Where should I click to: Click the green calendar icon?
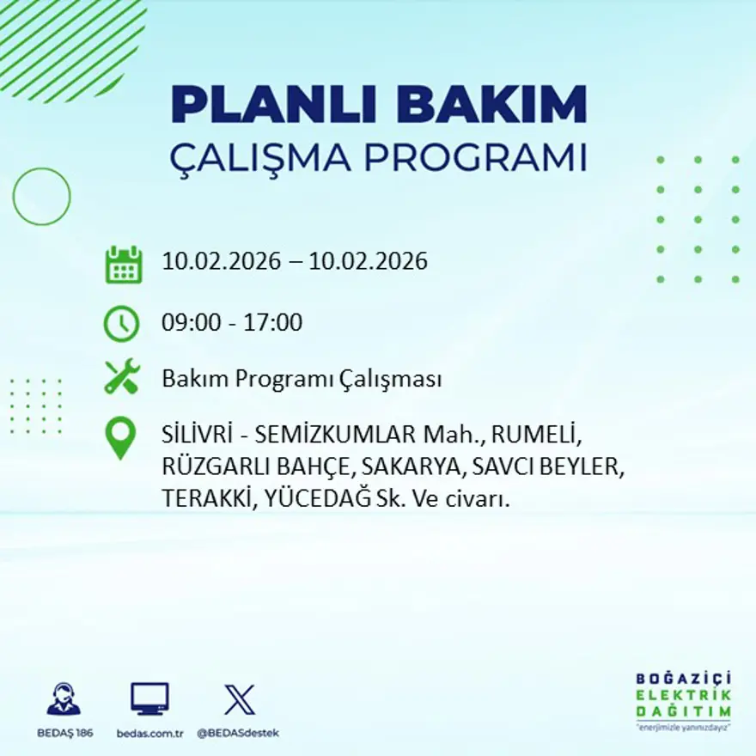click(x=123, y=265)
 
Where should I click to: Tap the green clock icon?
click(x=121, y=324)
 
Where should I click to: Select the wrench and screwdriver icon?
click(x=121, y=378)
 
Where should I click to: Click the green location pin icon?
click(x=120, y=436)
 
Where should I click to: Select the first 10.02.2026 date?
click(x=221, y=261)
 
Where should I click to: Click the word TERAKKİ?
click(x=206, y=498)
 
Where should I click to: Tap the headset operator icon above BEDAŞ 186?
click(x=63, y=699)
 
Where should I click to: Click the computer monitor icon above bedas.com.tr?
click(x=149, y=699)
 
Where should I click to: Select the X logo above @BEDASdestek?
click(x=239, y=699)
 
